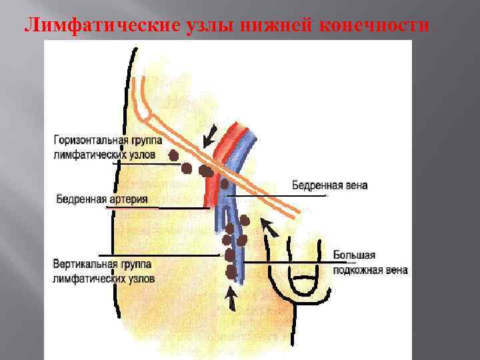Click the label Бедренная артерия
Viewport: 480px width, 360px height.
coord(101,199)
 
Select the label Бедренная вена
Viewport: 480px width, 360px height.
coord(329,185)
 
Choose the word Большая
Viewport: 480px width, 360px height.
coord(355,255)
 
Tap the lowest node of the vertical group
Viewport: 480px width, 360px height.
coord(231,271)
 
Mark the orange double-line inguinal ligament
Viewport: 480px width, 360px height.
coord(173,131)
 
